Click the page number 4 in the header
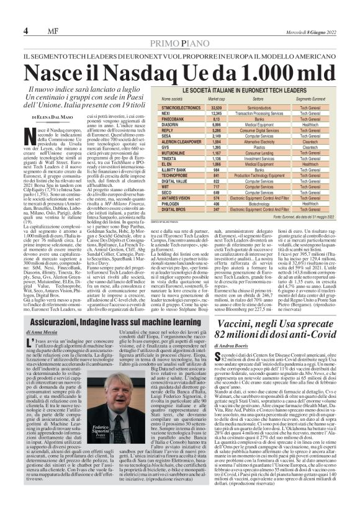click(x=25, y=31)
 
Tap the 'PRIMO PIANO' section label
click(x=179, y=43)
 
